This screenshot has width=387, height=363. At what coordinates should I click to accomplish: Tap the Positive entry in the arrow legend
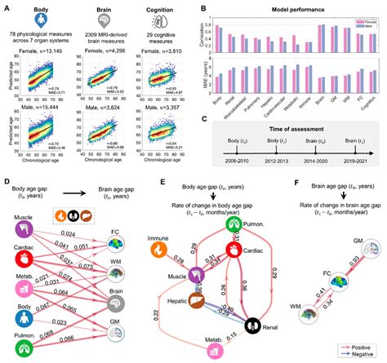pyautogui.click(x=365, y=346)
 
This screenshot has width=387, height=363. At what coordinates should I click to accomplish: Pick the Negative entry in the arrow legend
pyautogui.click(x=365, y=355)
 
